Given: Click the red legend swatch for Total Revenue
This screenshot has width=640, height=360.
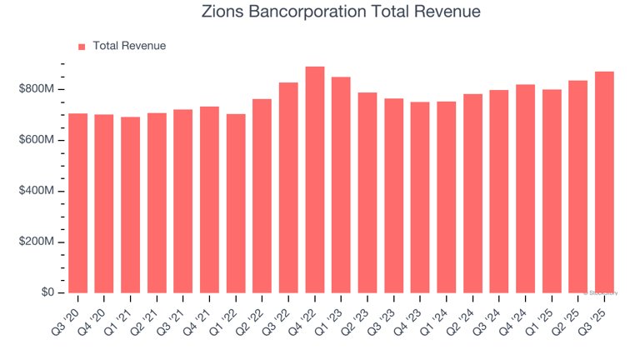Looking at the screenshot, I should [x=82, y=47].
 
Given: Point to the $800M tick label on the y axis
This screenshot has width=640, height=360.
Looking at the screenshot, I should [x=37, y=89].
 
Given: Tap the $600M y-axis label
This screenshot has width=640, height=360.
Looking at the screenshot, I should [x=37, y=140].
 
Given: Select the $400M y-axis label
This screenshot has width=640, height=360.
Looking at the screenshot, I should [x=37, y=191].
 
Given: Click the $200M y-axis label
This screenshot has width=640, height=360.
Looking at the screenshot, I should [x=37, y=242].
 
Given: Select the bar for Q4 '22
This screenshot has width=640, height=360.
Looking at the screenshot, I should [x=315, y=180].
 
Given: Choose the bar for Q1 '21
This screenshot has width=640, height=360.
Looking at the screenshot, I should [x=130, y=205].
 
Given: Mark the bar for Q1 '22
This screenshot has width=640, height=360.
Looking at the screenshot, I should [x=236, y=203].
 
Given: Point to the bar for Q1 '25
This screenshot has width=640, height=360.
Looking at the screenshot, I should [x=552, y=191].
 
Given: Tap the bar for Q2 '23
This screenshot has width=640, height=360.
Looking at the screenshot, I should [x=367, y=192].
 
